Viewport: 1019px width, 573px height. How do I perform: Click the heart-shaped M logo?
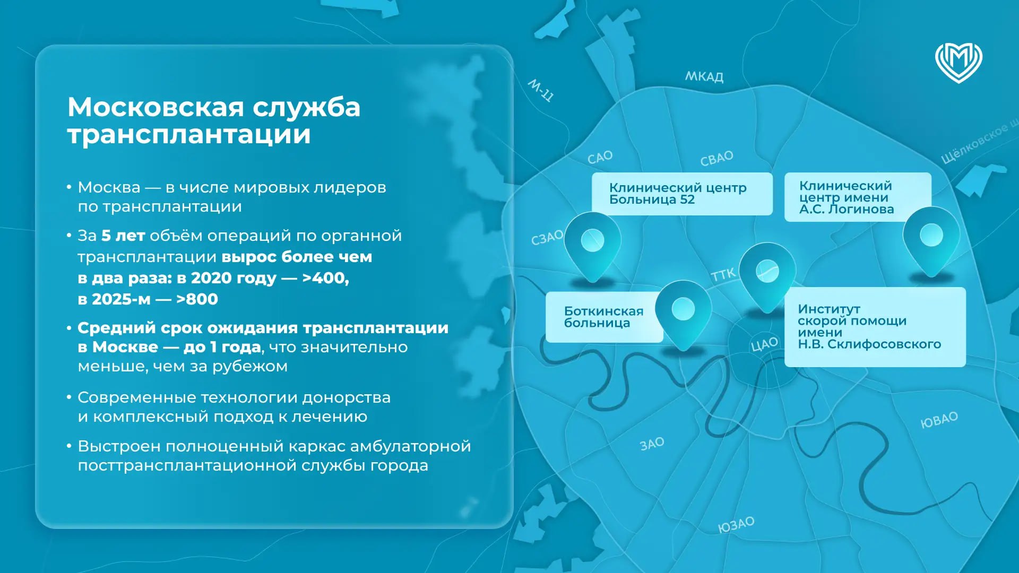[x=958, y=63]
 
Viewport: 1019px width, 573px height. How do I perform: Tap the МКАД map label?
[x=704, y=77]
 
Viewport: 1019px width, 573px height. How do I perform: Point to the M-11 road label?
[x=541, y=90]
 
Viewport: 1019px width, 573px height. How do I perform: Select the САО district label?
[x=600, y=158]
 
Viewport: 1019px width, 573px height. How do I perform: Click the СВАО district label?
[x=716, y=158]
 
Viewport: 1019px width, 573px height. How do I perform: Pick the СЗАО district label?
[x=547, y=238]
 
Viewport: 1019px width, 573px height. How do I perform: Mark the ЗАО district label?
[x=652, y=444]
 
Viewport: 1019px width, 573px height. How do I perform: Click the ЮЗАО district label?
[x=736, y=525]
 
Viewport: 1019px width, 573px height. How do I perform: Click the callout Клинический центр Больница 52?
[x=678, y=194]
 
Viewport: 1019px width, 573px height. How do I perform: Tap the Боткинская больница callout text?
[x=603, y=317]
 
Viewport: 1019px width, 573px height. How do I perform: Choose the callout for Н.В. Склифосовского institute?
[x=869, y=326]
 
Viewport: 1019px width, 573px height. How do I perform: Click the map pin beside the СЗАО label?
[x=592, y=244]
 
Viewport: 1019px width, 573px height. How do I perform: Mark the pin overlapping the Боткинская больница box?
[x=683, y=313]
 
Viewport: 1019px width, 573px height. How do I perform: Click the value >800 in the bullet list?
[x=197, y=299]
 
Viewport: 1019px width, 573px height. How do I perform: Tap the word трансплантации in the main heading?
[x=189, y=134]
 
